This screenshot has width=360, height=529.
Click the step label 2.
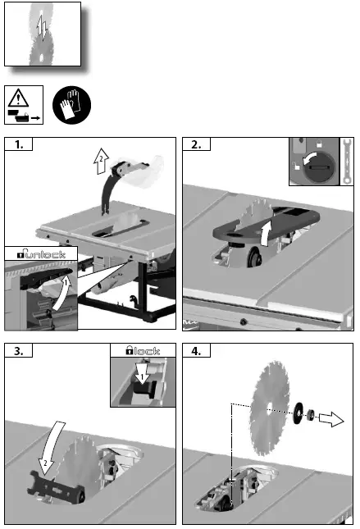[x=197, y=146]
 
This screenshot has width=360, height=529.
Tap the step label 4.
[x=197, y=351]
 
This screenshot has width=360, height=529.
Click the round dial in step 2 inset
[x=314, y=166]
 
